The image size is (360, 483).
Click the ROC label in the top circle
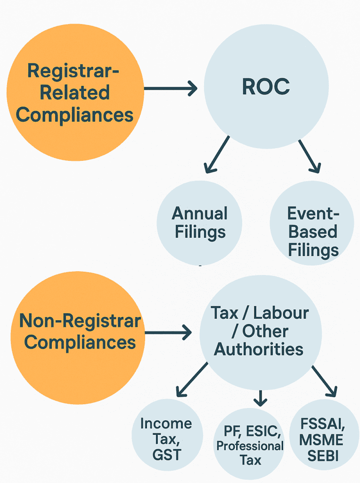(x=266, y=86)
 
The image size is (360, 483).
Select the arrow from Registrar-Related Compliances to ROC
(x=171, y=88)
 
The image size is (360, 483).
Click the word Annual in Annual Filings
(x=199, y=214)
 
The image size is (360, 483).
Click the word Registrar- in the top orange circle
(x=73, y=71)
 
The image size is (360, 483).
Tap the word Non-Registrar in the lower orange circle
(x=80, y=321)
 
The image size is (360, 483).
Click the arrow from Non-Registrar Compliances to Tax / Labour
(x=168, y=333)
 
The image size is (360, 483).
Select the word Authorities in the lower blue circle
(x=259, y=349)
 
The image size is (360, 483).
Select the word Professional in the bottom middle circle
(x=250, y=446)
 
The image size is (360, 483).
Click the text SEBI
(x=323, y=456)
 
